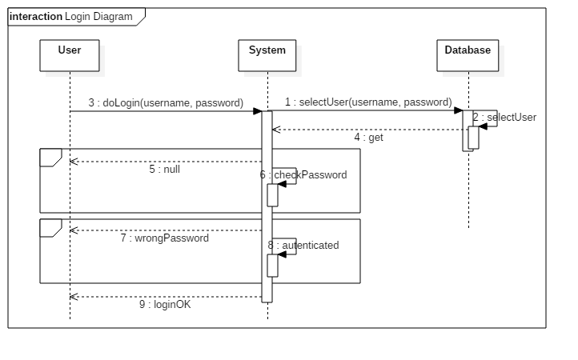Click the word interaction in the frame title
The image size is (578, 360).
click(x=36, y=17)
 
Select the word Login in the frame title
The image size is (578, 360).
click(x=78, y=17)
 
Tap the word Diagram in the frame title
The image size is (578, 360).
click(x=113, y=17)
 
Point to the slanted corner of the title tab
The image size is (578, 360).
click(x=141, y=21)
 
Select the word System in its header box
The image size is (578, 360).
click(x=267, y=50)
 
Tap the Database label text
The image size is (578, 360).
click(x=468, y=50)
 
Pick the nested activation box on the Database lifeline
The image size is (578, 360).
click(x=474, y=138)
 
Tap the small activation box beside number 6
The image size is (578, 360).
click(x=272, y=195)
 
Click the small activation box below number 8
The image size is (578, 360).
click(x=272, y=266)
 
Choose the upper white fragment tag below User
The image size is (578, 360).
click(x=50, y=157)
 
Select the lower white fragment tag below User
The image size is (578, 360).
click(x=50, y=227)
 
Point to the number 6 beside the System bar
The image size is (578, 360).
click(x=263, y=174)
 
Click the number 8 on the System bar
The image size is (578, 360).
click(x=271, y=245)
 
